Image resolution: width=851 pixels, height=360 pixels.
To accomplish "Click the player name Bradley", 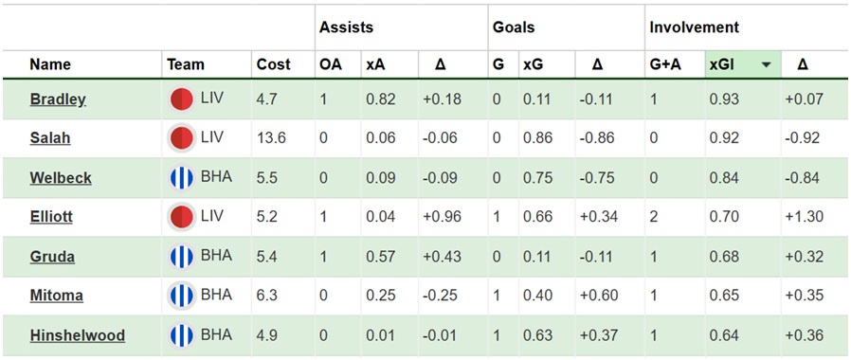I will click(x=58, y=99).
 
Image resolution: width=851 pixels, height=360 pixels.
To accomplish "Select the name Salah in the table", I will click(x=49, y=137).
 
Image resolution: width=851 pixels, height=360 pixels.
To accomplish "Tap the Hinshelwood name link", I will click(x=77, y=335).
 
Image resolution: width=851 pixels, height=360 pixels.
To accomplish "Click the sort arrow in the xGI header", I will click(x=766, y=65).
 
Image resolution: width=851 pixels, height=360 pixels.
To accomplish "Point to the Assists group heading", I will click(x=347, y=27).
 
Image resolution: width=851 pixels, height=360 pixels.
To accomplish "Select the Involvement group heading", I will click(x=694, y=27).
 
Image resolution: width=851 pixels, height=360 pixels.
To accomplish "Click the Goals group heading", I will click(x=514, y=27).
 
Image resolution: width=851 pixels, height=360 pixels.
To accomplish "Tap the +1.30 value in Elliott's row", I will click(x=804, y=216).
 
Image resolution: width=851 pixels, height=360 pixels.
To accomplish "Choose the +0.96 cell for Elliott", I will click(x=441, y=216).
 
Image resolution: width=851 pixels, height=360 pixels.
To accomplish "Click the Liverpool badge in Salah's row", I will click(x=181, y=137).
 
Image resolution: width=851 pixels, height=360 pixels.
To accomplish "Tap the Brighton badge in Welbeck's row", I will click(x=181, y=177).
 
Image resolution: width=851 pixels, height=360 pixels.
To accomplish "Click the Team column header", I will click(x=186, y=65).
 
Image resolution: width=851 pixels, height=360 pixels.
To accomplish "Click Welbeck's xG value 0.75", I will click(x=537, y=177).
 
